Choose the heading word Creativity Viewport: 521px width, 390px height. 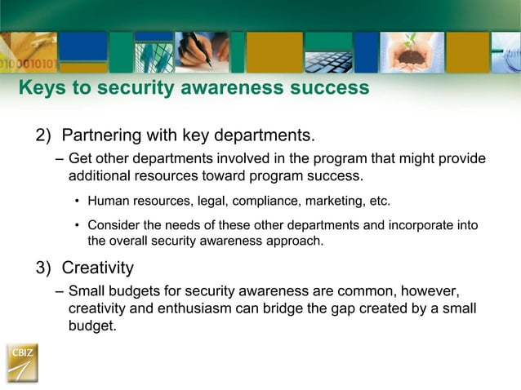click(x=98, y=268)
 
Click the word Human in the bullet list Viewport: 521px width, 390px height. click(x=108, y=201)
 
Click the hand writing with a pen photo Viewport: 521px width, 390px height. click(x=201, y=52)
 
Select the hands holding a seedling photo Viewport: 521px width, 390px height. click(x=412, y=52)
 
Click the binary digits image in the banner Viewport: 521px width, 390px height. click(x=28, y=57)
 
